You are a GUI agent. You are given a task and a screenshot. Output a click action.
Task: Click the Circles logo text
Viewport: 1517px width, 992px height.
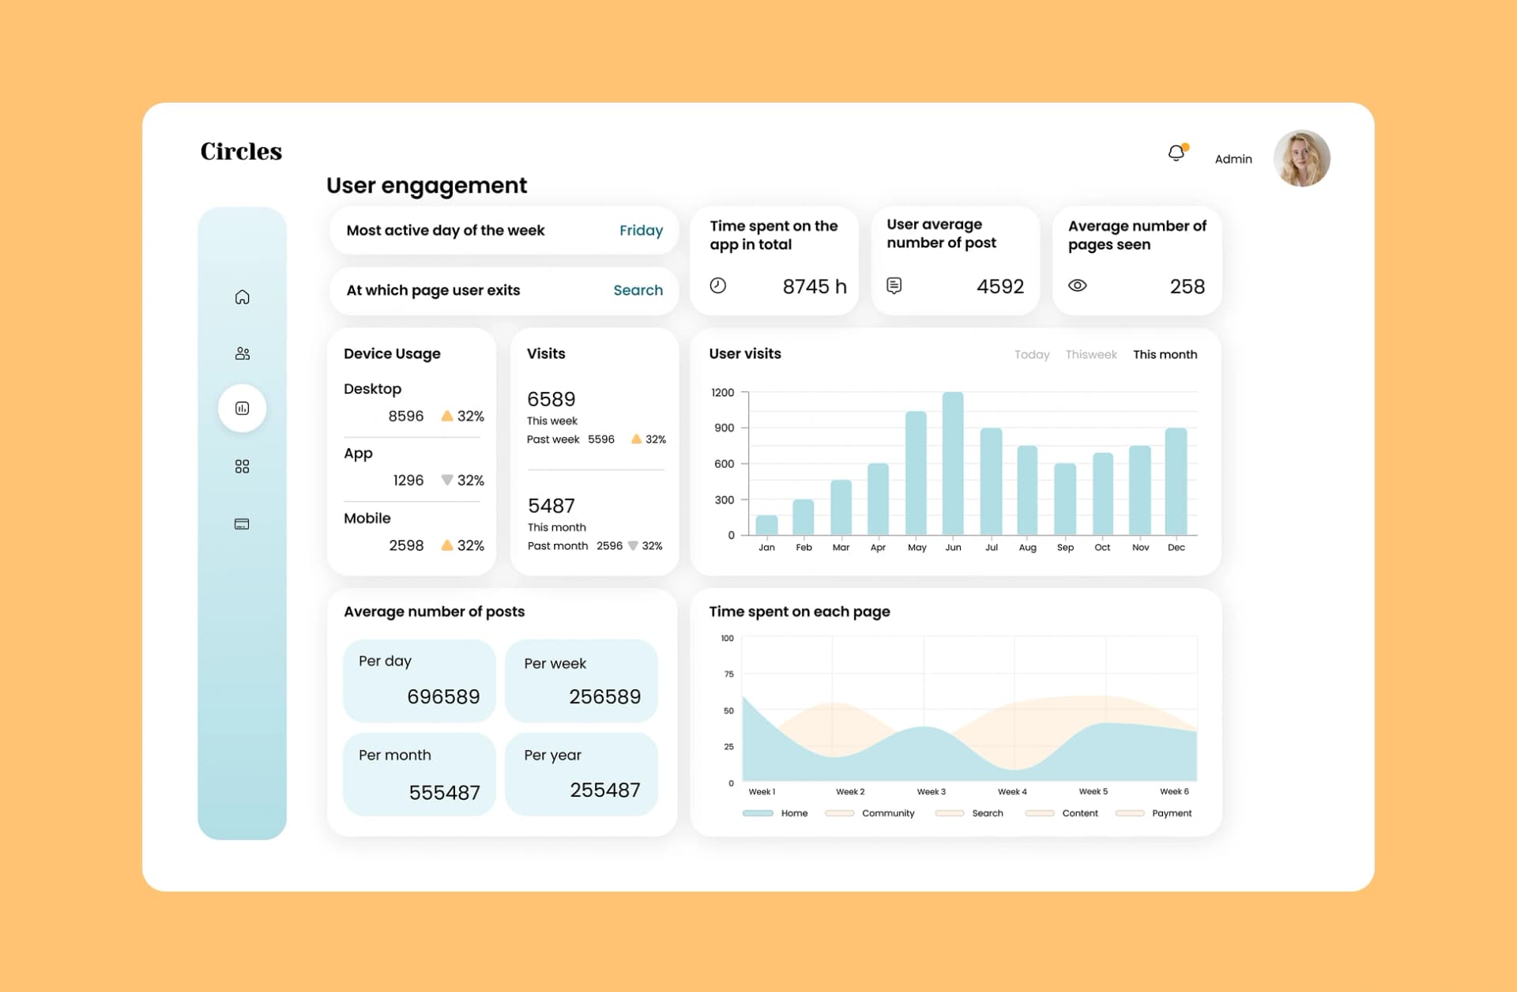(241, 151)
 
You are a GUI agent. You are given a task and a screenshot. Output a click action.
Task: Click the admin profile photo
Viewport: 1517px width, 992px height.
(1301, 158)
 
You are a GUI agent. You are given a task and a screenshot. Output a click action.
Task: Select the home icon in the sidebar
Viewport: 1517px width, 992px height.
(243, 297)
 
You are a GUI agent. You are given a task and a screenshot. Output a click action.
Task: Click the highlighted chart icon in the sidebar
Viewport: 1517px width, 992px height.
(243, 408)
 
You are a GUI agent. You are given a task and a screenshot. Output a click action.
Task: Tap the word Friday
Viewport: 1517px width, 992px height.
(641, 231)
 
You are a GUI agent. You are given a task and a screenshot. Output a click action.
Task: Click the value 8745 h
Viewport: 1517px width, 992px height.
(814, 286)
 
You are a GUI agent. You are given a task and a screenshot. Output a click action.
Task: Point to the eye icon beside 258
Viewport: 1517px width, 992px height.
(1078, 285)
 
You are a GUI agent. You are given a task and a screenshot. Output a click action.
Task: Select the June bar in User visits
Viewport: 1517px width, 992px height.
(953, 463)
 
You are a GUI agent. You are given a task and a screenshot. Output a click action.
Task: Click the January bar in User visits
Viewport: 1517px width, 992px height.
(766, 525)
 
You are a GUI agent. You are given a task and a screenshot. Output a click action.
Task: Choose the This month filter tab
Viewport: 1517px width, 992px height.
(1165, 355)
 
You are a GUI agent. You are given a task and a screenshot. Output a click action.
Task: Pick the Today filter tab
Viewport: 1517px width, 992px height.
(1032, 355)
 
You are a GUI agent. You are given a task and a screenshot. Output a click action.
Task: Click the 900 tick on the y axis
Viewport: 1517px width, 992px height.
(724, 428)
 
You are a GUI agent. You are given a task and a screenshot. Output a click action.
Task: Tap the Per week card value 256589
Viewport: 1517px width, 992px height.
(604, 696)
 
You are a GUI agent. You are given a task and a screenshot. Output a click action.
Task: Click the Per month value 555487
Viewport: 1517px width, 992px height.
(444, 792)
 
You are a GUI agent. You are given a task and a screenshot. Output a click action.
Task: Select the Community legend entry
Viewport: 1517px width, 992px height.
(869, 813)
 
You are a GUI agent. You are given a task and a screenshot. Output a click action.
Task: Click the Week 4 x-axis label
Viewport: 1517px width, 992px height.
(1012, 791)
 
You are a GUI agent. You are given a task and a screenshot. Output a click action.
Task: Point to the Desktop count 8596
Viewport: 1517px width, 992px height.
(405, 416)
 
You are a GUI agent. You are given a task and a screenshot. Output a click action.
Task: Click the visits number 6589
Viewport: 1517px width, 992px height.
(551, 399)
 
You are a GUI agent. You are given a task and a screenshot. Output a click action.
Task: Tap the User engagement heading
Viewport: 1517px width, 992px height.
(427, 186)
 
